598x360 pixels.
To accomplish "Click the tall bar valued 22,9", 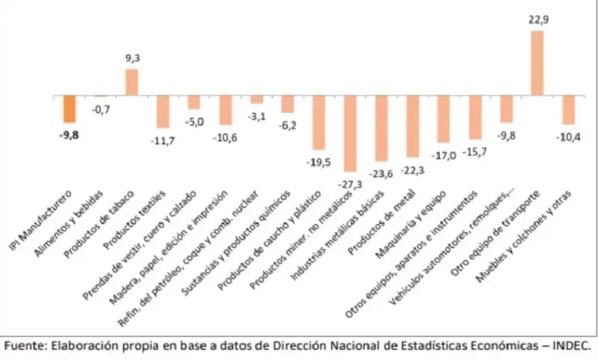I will tap(537, 63).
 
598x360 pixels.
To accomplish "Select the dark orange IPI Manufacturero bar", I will tap(70, 109).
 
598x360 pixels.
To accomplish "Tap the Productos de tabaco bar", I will tap(132, 83).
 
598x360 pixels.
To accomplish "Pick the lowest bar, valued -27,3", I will tap(350, 134).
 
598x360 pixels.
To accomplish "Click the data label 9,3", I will tap(132, 57).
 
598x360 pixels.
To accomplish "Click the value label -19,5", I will tap(318, 161).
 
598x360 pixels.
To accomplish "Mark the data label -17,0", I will tap(443, 155).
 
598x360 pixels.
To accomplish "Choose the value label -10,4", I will tap(568, 137).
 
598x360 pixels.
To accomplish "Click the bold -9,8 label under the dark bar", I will tap(70, 136).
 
